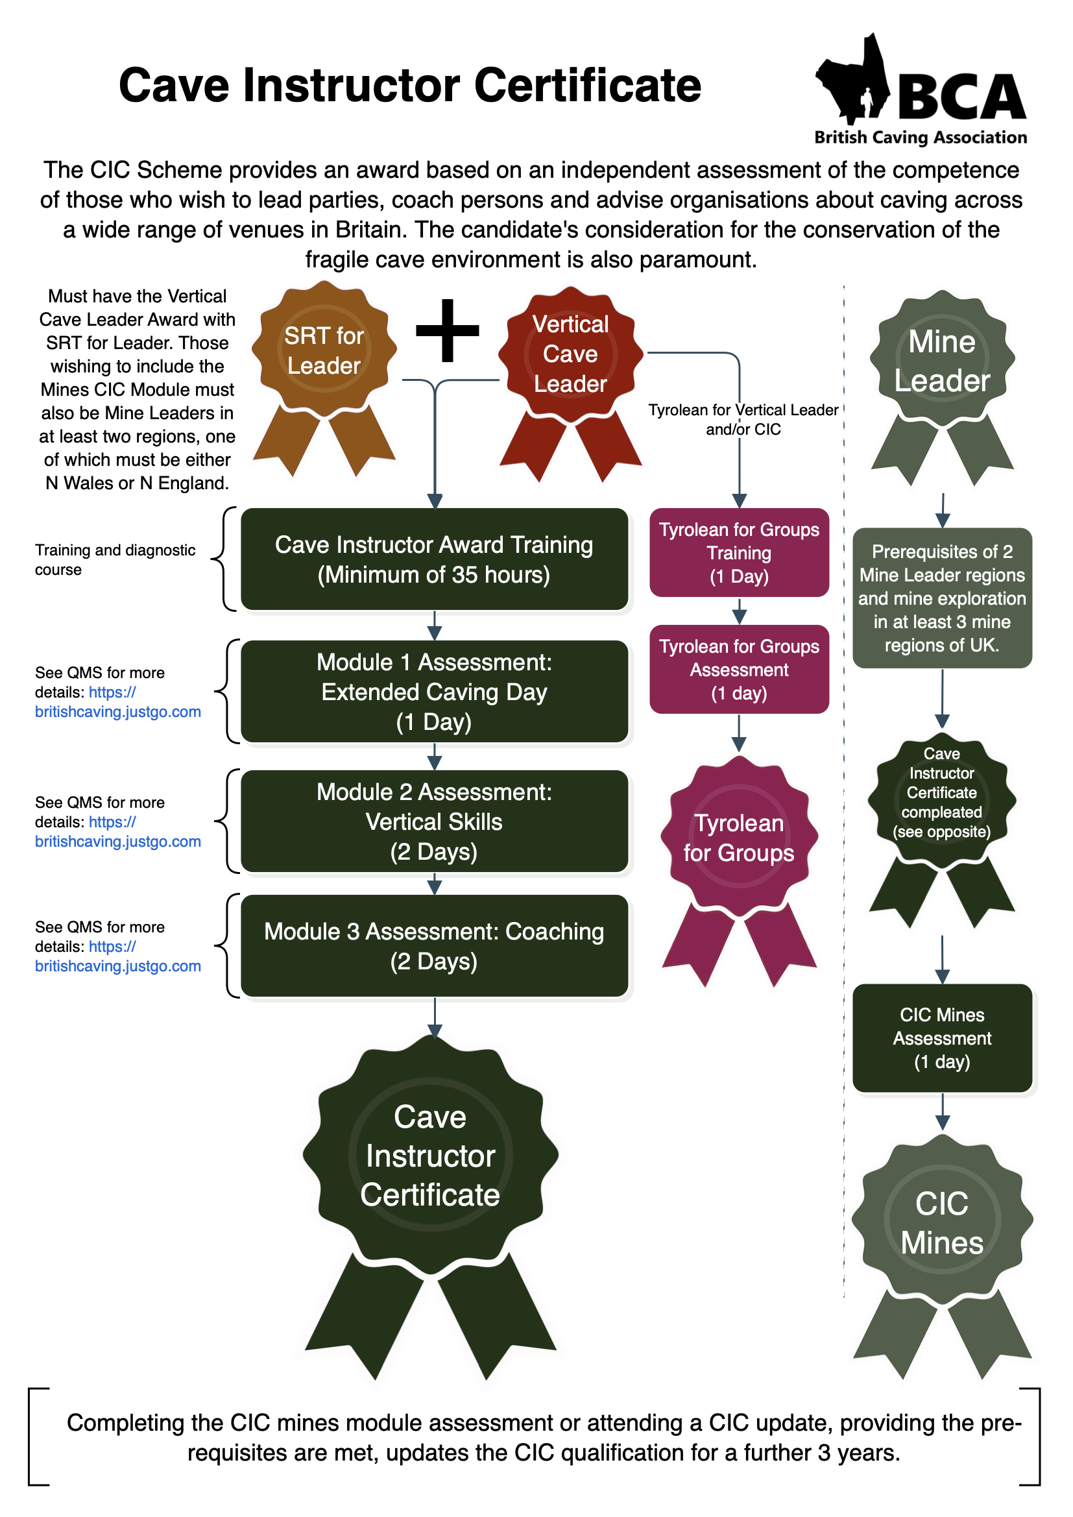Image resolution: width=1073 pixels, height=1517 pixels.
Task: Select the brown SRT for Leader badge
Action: [324, 350]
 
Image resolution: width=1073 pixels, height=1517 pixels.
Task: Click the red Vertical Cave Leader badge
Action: [570, 354]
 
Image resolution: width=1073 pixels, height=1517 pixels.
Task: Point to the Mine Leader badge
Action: [941, 361]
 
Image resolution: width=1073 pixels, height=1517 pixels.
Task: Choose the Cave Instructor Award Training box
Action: [434, 559]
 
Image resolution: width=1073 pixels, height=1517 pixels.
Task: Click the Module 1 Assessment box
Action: [434, 691]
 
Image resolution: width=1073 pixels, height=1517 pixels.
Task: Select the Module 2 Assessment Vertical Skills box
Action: [434, 821]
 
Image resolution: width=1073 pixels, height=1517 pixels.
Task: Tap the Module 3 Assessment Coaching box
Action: [434, 945]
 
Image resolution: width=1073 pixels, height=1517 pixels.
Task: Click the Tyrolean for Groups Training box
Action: [739, 552]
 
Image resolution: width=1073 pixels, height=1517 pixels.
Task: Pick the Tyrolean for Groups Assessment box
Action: [739, 670]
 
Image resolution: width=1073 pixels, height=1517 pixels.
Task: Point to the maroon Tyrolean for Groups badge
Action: [739, 838]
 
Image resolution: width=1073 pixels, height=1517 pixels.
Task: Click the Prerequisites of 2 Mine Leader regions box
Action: [941, 598]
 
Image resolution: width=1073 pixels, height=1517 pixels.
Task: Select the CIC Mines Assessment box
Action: [941, 1038]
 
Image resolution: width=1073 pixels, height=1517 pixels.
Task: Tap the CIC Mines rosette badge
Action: [941, 1222]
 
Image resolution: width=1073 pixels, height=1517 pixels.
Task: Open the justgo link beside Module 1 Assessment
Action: [117, 712]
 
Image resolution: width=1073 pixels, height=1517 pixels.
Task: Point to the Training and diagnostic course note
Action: [115, 559]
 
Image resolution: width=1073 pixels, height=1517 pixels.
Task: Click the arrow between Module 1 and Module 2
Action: [434, 757]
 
